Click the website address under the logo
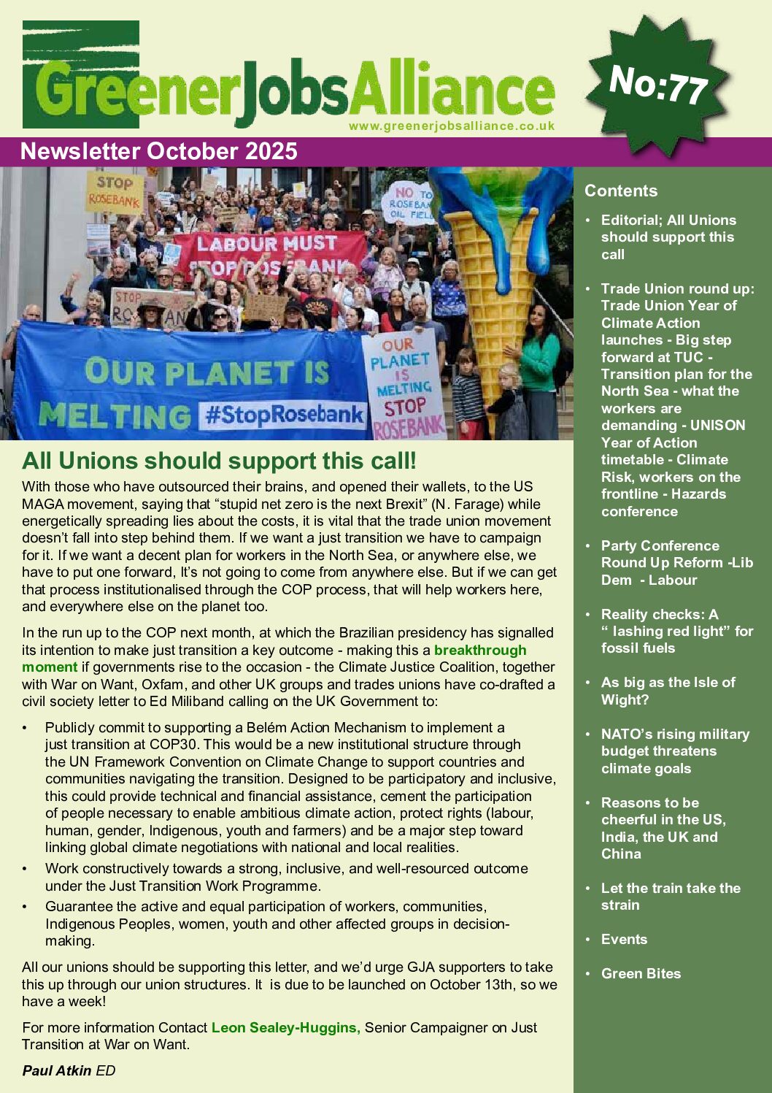452,126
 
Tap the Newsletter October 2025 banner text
159,151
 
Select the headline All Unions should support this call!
219,461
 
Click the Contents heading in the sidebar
621,191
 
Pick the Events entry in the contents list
624,940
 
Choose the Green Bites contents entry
641,974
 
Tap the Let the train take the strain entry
670,897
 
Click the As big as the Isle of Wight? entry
668,691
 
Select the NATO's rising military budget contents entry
674,751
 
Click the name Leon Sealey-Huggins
285,1028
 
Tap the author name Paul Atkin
57,1071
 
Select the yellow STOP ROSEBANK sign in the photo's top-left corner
115,191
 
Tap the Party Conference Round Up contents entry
676,563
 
